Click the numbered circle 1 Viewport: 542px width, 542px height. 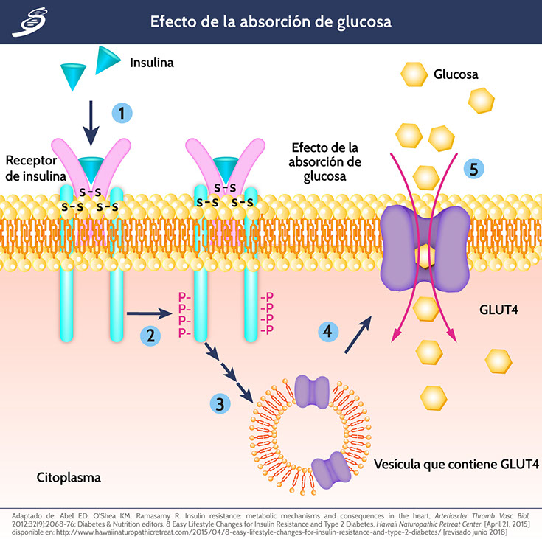pyautogui.click(x=122, y=113)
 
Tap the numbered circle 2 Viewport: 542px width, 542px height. pyautogui.click(x=150, y=336)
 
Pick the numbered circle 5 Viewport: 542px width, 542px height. pyautogui.click(x=474, y=169)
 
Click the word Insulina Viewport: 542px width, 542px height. pyautogui.click(x=152, y=63)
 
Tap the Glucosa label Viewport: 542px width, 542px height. pyautogui.click(x=456, y=74)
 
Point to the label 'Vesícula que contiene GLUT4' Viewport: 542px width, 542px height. pyautogui.click(x=456, y=465)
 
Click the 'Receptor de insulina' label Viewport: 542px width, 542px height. pyautogui.click(x=35, y=168)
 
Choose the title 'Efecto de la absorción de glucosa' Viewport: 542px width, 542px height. pyautogui.click(x=271, y=21)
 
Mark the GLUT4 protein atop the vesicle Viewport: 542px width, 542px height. pyautogui.click(x=311, y=389)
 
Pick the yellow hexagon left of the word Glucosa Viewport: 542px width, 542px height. pyautogui.click(x=414, y=74)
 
